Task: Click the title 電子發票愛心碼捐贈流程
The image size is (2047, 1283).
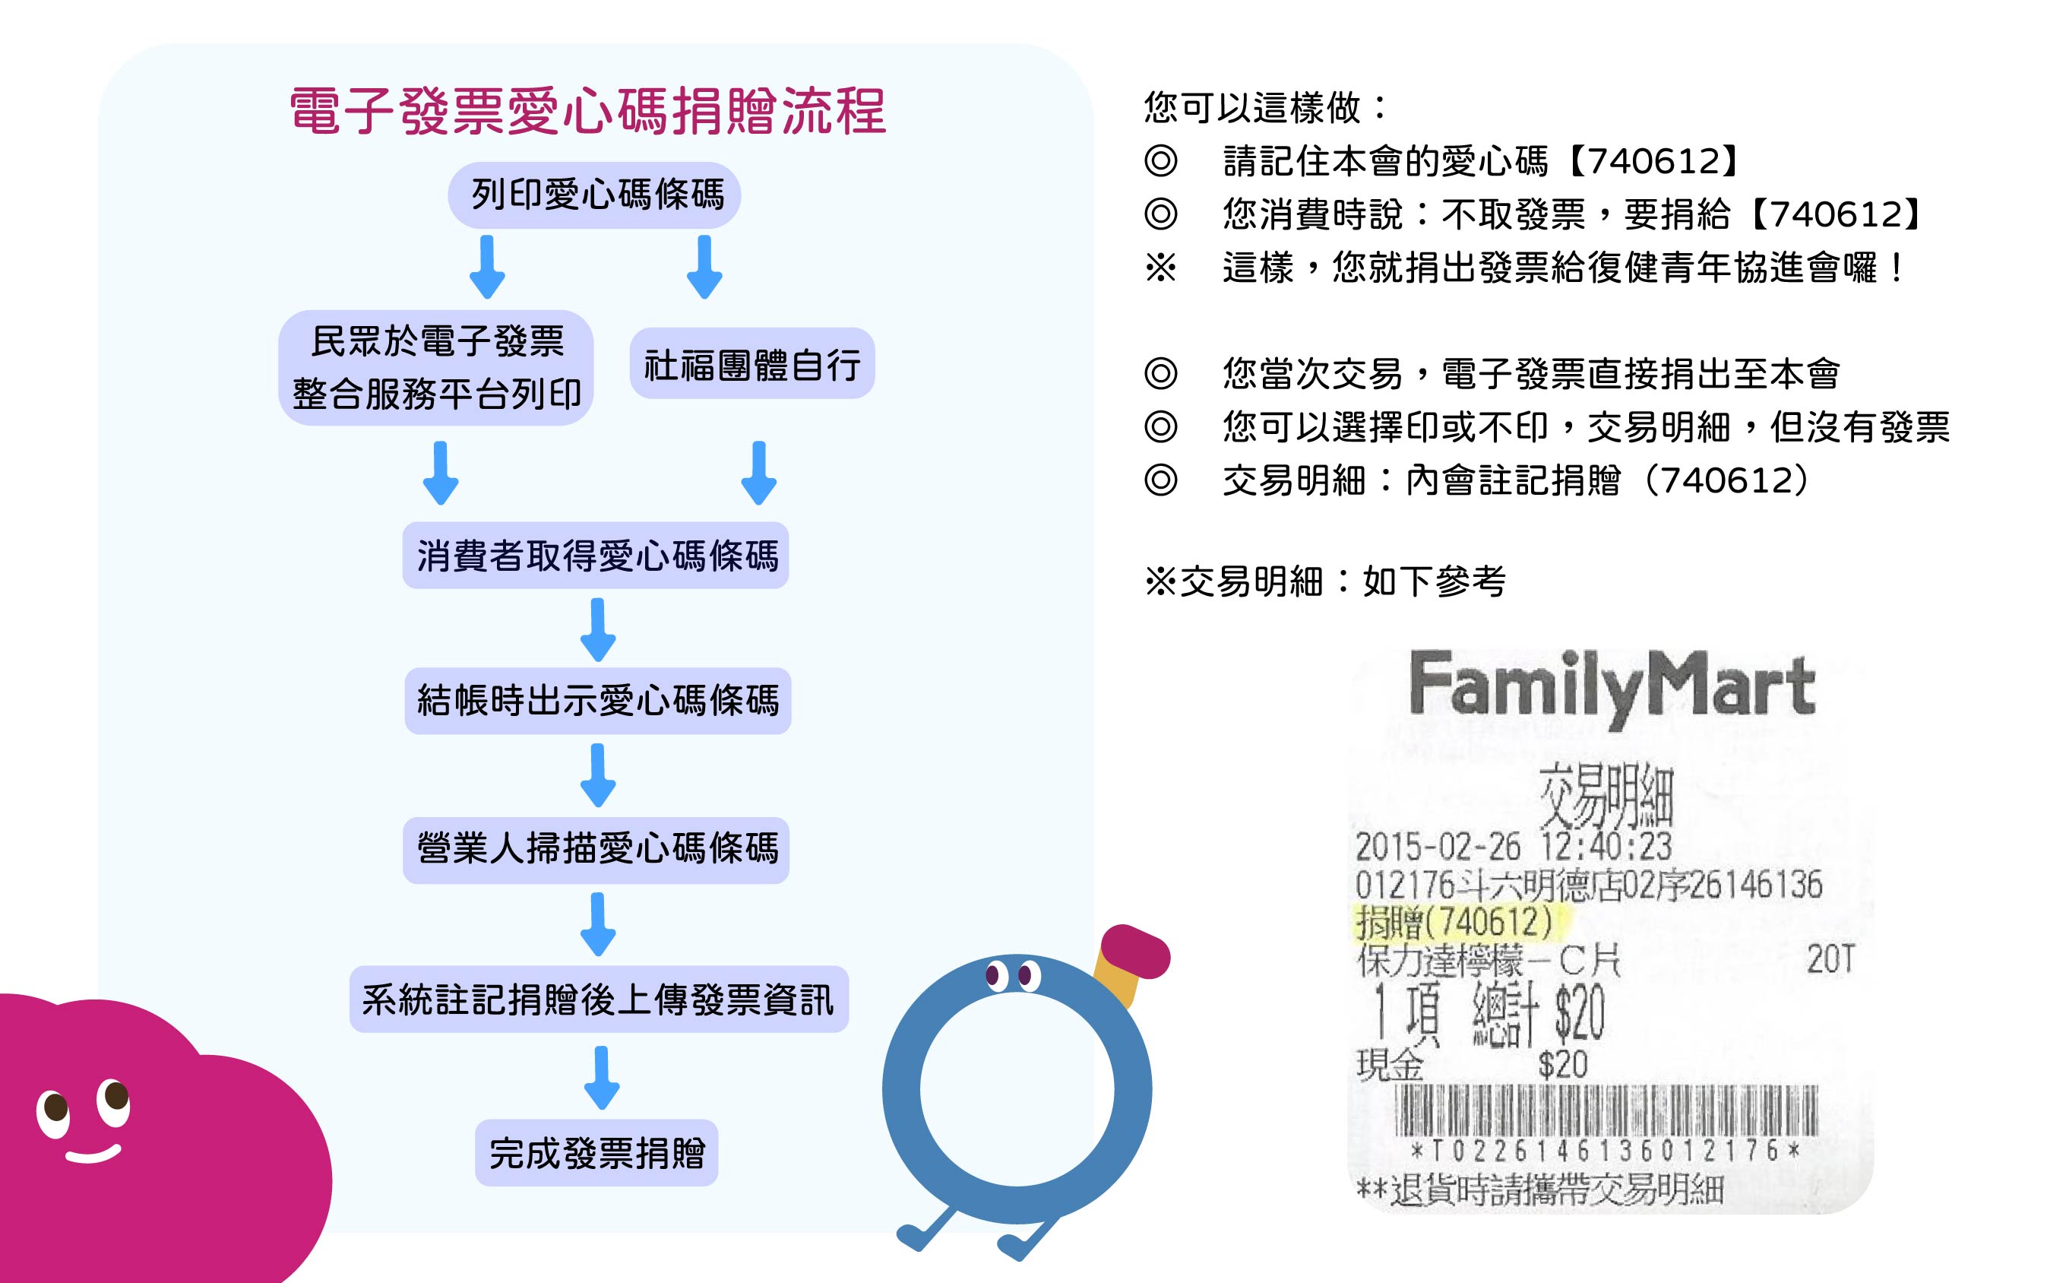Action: [x=587, y=111]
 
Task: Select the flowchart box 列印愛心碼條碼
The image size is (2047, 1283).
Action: [x=595, y=195]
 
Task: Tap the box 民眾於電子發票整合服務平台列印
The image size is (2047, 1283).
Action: [x=436, y=367]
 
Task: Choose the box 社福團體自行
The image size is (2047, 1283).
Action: [x=751, y=364]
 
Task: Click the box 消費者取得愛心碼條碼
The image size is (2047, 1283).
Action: [x=596, y=556]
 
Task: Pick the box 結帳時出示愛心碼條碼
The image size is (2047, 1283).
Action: [x=597, y=701]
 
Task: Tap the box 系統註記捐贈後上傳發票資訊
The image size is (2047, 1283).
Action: [x=599, y=999]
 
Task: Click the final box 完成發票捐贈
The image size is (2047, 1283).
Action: [x=596, y=1153]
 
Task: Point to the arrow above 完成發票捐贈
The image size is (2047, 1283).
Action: [x=602, y=1077]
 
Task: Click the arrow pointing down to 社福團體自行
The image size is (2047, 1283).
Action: [x=704, y=267]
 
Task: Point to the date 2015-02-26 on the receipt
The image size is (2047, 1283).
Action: [x=1437, y=847]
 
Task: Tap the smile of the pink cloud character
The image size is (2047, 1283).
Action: [x=93, y=1155]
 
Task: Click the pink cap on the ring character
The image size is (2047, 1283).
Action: [x=1135, y=953]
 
